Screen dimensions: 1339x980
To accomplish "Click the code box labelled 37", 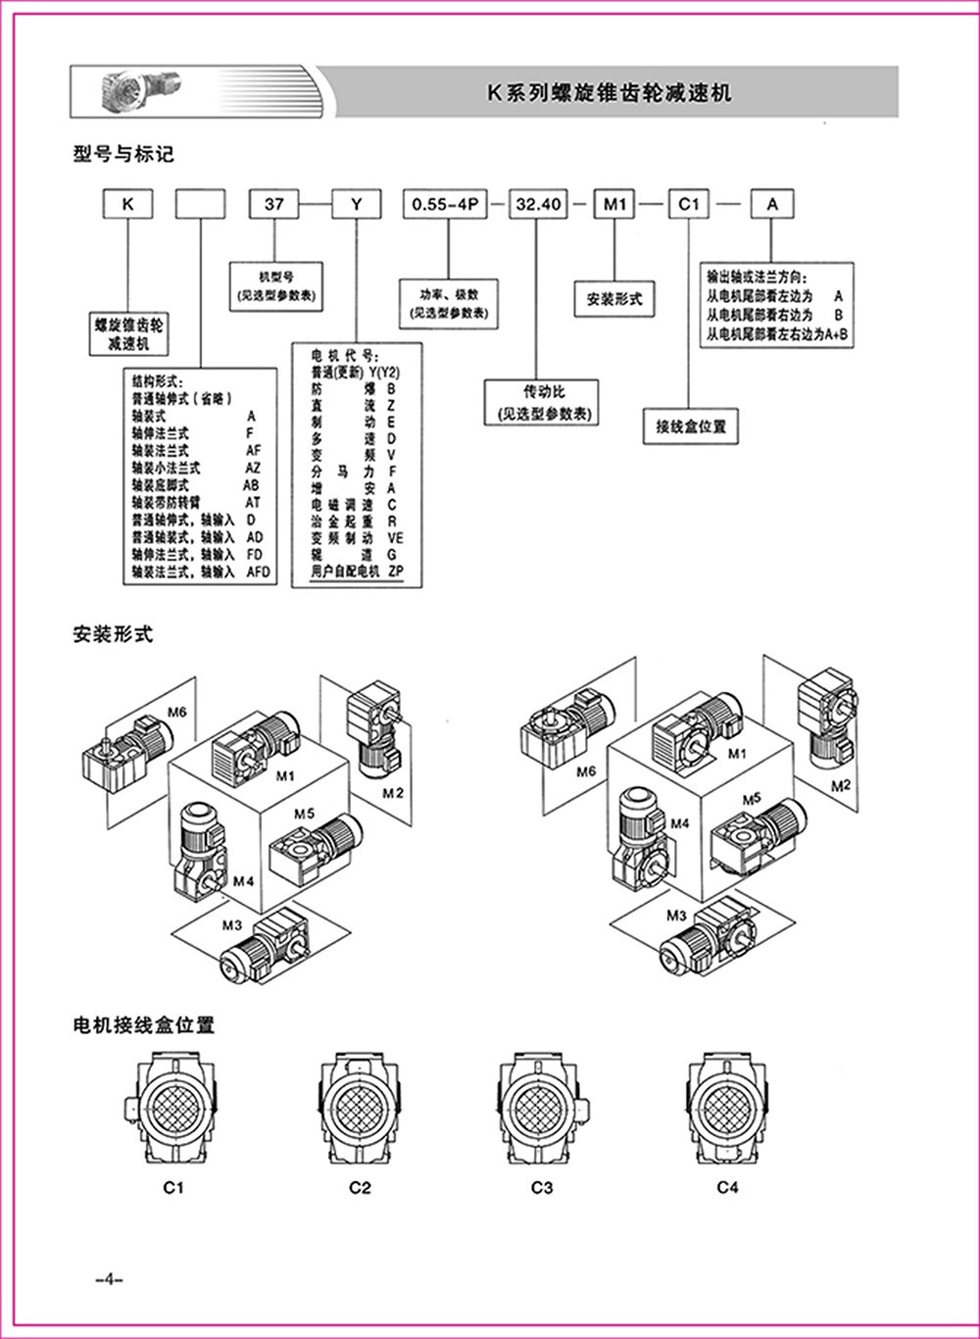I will [x=274, y=205].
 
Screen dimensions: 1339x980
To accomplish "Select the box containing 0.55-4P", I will [x=447, y=205].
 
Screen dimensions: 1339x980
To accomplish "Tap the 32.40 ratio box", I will [x=538, y=205].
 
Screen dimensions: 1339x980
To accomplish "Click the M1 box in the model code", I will [x=614, y=205].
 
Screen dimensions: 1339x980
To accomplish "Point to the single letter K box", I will [x=126, y=205].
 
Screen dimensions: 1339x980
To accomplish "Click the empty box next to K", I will [x=200, y=205].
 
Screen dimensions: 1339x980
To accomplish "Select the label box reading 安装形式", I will [x=613, y=299].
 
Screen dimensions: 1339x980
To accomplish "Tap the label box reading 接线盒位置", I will [x=691, y=426].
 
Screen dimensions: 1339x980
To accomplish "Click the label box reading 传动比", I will [x=543, y=402].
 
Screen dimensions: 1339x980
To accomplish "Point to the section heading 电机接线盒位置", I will [x=143, y=1026].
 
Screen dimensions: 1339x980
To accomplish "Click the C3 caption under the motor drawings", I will [x=542, y=1188].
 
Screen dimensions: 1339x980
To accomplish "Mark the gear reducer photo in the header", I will [x=138, y=91].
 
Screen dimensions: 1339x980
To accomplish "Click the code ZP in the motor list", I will [x=397, y=571].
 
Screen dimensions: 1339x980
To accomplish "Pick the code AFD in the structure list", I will [x=258, y=571].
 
